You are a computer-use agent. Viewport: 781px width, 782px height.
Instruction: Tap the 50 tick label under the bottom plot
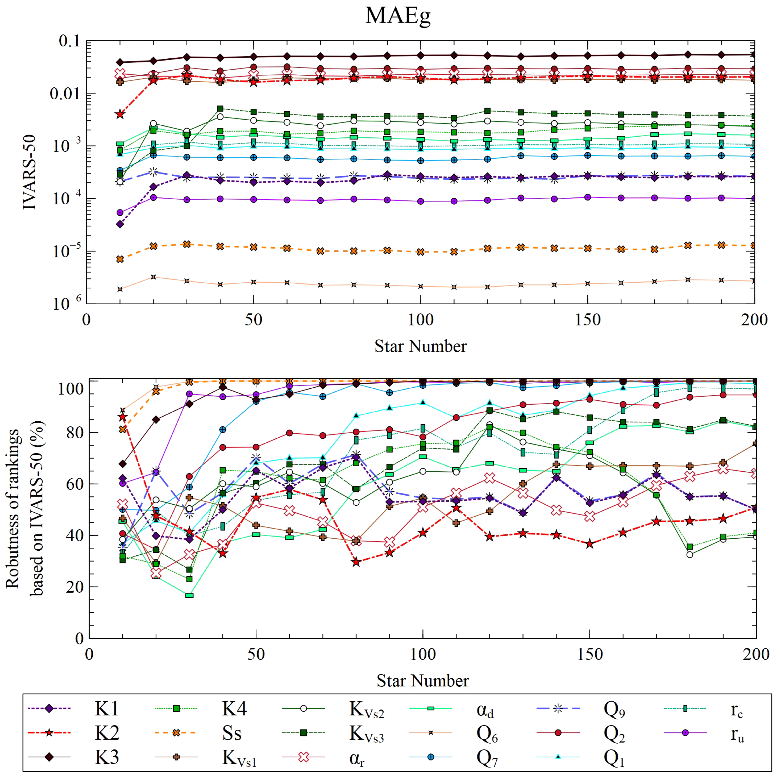[256, 654]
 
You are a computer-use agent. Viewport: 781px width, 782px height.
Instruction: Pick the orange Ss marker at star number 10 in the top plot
[119, 259]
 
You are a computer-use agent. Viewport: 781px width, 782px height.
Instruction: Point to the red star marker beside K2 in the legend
[49, 733]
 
